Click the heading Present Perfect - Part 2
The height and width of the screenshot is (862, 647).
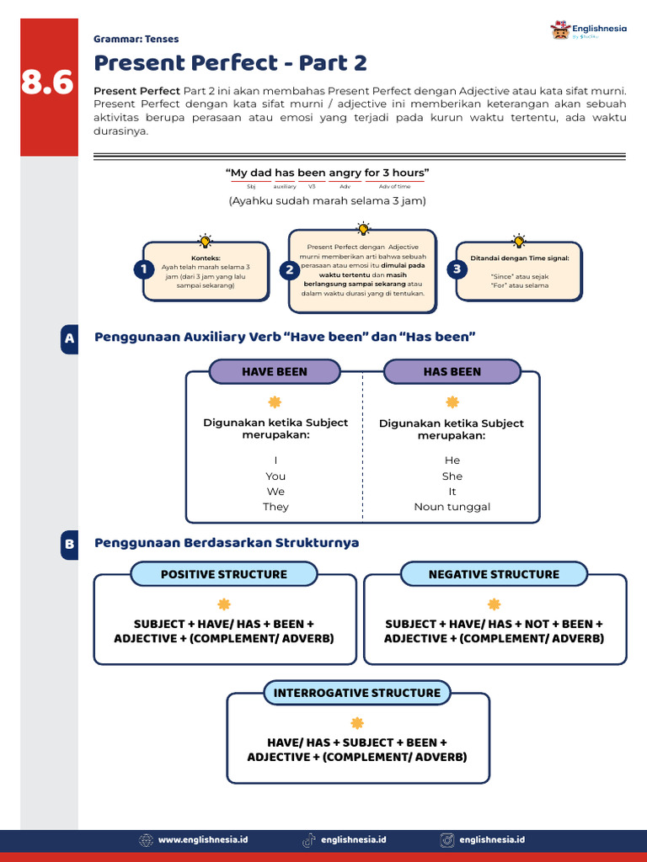click(230, 63)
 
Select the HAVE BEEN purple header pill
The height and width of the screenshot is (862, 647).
click(275, 371)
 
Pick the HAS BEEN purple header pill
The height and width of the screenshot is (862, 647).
click(452, 371)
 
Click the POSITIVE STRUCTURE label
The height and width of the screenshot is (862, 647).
click(224, 574)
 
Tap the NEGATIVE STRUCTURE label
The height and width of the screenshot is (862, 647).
click(494, 574)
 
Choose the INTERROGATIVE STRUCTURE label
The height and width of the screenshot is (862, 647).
click(357, 693)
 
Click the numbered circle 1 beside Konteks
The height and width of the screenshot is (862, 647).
click(144, 269)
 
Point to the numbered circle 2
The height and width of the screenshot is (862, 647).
click(290, 269)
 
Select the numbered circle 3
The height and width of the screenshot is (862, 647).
click(457, 269)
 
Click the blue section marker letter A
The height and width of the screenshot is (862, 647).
click(69, 338)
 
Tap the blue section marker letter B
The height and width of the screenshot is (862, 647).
click(69, 545)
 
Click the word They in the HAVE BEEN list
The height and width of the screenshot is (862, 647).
click(275, 507)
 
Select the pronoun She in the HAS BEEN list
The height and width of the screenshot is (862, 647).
click(452, 476)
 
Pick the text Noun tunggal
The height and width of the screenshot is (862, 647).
click(452, 507)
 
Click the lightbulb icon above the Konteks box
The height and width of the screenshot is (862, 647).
click(205, 241)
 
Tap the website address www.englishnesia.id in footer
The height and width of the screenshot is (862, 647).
click(203, 839)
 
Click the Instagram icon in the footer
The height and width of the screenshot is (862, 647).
click(447, 839)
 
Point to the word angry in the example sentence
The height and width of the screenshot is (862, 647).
click(345, 173)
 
